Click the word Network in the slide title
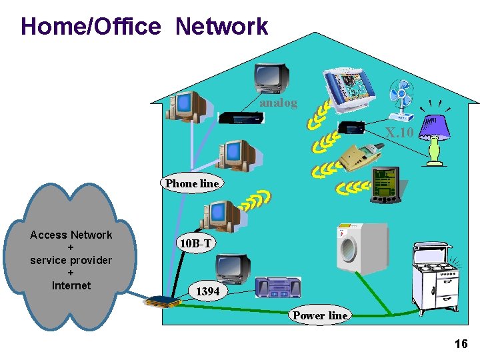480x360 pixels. coord(221,27)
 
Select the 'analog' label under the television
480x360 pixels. coord(278,103)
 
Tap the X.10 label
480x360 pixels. coord(400,133)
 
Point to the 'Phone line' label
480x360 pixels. coord(191,183)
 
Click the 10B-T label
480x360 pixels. coord(195,244)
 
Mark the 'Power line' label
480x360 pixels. coord(320,315)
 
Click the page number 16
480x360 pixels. coord(461,344)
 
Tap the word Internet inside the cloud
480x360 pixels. coord(71,285)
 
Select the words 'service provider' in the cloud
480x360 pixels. coord(71,260)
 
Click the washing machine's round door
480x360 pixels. coord(348,249)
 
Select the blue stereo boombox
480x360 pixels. coord(278,287)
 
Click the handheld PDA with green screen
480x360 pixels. coord(385,185)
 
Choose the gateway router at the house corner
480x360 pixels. coord(163,301)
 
